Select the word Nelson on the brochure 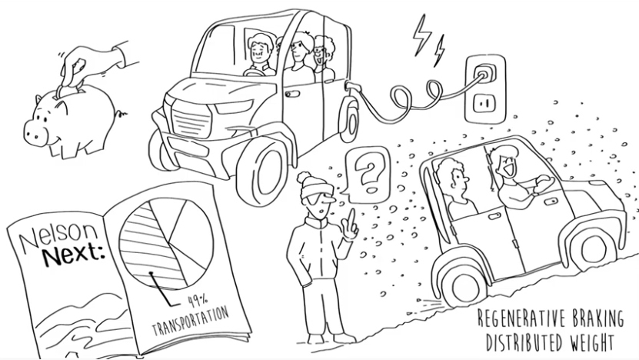pos(59,238)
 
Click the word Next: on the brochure pos(72,255)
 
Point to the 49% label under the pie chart pos(198,302)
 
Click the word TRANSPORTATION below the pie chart pos(190,322)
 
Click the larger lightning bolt pos(421,35)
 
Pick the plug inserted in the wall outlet pos(485,73)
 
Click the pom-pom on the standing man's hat pos(304,178)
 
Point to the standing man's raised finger pos(351,221)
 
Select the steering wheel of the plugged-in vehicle pos(255,72)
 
